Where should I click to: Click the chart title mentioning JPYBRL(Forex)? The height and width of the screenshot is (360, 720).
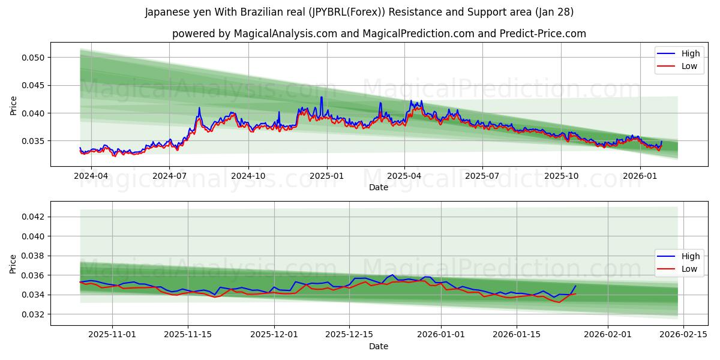[359, 12]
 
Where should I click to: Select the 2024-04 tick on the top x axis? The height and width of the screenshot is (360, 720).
[91, 176]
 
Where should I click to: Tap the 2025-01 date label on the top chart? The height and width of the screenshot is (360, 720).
[327, 176]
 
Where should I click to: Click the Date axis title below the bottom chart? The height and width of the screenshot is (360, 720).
[378, 346]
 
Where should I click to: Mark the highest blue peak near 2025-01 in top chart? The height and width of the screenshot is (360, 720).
[321, 97]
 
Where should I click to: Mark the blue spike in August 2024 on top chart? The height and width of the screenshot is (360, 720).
[199, 108]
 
